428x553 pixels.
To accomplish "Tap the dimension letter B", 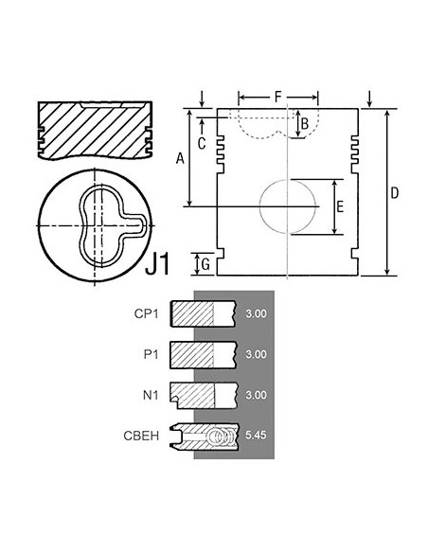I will click(304, 123).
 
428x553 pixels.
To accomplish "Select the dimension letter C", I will click(202, 143).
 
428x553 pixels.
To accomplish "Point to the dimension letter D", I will click(395, 193).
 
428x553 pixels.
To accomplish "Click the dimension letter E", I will click(340, 205).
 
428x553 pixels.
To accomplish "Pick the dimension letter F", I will click(277, 96).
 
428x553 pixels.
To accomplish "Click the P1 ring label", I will click(152, 353).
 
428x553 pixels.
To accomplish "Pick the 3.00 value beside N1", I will click(256, 393).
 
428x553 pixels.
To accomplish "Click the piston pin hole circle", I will click(288, 205).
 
